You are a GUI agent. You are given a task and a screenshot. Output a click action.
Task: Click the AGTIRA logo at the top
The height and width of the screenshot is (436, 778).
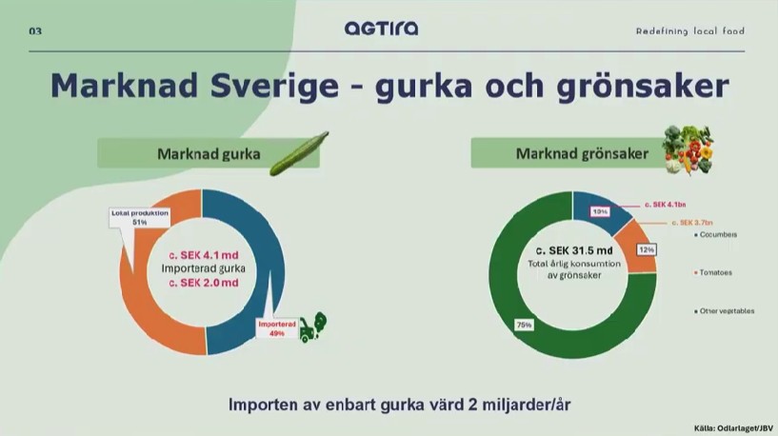[x=381, y=29]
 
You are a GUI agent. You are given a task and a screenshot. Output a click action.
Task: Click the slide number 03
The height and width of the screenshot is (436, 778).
[x=35, y=31]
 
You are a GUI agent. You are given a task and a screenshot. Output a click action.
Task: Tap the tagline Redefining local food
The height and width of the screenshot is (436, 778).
[x=690, y=31]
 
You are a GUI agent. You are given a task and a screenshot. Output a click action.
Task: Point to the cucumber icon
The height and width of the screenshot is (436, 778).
[x=298, y=153]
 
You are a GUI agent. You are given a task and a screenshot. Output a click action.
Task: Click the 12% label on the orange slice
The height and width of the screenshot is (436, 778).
[x=646, y=249]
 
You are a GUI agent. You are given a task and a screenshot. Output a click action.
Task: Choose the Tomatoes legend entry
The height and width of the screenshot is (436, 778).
[x=717, y=272]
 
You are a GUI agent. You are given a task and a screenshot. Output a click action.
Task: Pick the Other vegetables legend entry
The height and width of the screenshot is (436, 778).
[x=728, y=311]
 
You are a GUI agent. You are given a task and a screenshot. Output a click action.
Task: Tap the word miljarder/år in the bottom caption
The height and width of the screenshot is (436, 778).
[x=521, y=404]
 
